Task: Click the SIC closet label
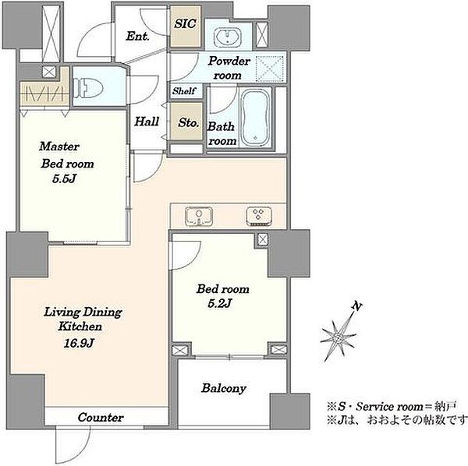pyautogui.click(x=185, y=23)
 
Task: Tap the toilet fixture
pyautogui.click(x=87, y=87)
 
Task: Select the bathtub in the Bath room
pyautogui.click(x=256, y=118)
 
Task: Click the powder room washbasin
pyautogui.click(x=228, y=37)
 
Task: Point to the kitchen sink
pyautogui.click(x=199, y=216)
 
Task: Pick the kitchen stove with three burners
pyautogui.click(x=259, y=216)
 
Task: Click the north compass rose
pyautogui.click(x=339, y=337)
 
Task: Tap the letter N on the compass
pyautogui.click(x=356, y=306)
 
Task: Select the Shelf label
pyautogui.click(x=184, y=90)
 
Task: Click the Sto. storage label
pyautogui.click(x=188, y=122)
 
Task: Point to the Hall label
pyautogui.click(x=147, y=122)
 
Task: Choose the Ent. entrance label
pyautogui.click(x=137, y=36)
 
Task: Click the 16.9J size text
pyautogui.click(x=79, y=343)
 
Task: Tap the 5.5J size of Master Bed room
pyautogui.click(x=64, y=178)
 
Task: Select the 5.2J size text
pyautogui.click(x=220, y=303)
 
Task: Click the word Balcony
pyautogui.click(x=224, y=388)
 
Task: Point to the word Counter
pyautogui.click(x=101, y=418)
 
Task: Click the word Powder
pyautogui.click(x=229, y=61)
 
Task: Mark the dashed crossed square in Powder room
pyautogui.click(x=270, y=69)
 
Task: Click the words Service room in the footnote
pyautogui.click(x=389, y=406)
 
